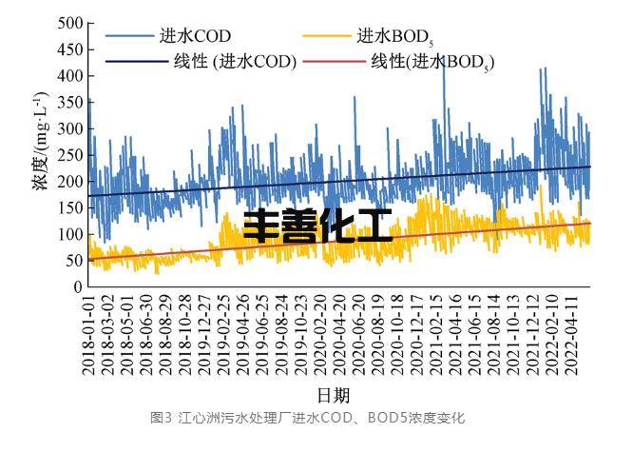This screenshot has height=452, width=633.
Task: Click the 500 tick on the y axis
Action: tap(68, 22)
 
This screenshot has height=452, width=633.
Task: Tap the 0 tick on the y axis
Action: tap(76, 286)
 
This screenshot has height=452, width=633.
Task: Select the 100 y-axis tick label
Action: tap(68, 234)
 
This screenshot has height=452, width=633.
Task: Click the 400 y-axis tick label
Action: tap(68, 75)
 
